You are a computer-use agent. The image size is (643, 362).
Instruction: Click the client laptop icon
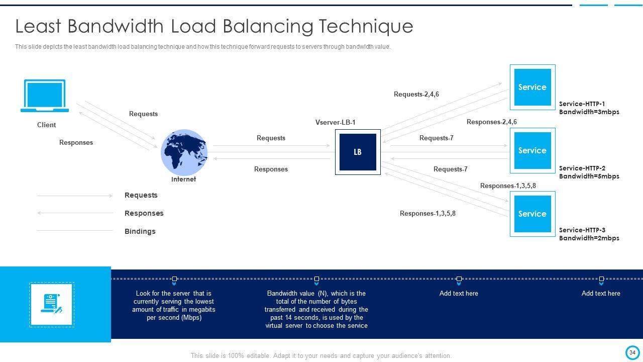(x=45, y=96)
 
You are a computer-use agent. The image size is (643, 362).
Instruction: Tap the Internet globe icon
(x=184, y=152)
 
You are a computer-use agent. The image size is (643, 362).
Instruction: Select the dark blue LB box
(x=358, y=152)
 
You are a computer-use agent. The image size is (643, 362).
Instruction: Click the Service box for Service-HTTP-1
(x=532, y=87)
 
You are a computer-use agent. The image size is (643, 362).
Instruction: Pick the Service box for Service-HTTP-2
(x=532, y=150)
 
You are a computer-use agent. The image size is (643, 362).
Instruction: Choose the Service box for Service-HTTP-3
(x=532, y=214)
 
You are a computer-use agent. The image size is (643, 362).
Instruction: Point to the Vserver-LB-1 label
(x=335, y=122)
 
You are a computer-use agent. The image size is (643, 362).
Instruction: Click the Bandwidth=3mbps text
(x=589, y=112)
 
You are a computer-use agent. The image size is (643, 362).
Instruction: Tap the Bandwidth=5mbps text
(x=589, y=176)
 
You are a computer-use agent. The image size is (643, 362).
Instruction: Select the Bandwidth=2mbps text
(x=589, y=238)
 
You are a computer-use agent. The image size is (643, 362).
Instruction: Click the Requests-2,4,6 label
(x=416, y=94)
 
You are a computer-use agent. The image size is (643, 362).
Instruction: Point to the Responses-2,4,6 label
(x=491, y=122)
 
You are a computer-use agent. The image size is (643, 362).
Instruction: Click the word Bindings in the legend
(x=140, y=231)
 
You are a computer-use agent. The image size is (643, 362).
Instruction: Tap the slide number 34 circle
(x=632, y=352)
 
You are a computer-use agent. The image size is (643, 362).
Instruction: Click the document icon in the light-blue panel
(x=52, y=304)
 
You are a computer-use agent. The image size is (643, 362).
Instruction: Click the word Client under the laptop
(x=46, y=125)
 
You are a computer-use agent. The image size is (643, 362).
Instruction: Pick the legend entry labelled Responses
(x=144, y=213)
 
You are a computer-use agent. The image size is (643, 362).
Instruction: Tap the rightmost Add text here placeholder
(x=601, y=293)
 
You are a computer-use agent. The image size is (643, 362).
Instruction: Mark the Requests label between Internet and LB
(x=271, y=138)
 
